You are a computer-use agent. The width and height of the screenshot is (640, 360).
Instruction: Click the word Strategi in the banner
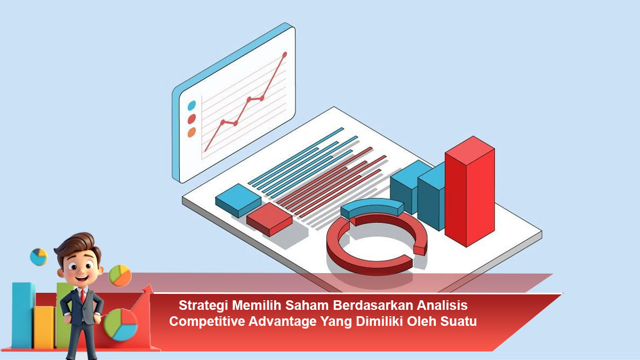click(203, 306)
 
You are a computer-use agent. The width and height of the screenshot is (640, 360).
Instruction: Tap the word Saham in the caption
click(307, 306)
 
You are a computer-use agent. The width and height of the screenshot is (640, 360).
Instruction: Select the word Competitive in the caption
click(207, 322)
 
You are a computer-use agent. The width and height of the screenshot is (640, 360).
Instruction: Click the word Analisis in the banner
click(442, 306)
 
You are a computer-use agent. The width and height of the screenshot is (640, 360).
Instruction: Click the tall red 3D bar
click(470, 191)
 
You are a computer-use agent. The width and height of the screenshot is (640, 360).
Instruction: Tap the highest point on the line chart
click(285, 54)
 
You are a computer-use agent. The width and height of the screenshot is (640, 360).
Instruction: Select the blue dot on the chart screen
click(191, 106)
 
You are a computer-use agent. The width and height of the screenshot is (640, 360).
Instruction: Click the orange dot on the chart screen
click(191, 132)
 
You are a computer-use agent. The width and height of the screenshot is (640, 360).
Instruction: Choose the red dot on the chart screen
click(191, 119)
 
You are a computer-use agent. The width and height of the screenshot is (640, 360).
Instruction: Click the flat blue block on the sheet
click(238, 201)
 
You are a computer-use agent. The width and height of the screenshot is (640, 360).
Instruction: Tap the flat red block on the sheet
click(269, 219)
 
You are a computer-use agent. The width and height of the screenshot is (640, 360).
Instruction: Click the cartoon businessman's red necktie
click(83, 297)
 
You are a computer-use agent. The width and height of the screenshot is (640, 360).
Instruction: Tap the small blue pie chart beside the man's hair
click(39, 257)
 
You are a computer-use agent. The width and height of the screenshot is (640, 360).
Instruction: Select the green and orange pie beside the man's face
click(120, 276)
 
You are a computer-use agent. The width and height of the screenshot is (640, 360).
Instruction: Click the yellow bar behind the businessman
click(44, 327)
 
